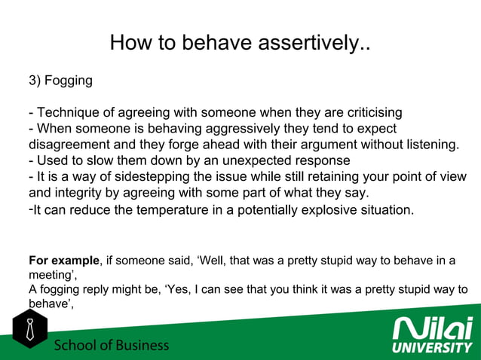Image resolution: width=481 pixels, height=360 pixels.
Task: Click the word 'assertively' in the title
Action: pos(308,43)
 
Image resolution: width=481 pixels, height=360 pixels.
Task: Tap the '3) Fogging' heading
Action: pos(60,81)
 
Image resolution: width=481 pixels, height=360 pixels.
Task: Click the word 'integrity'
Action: pos(82,193)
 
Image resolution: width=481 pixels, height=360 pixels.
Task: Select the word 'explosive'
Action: pos(332,209)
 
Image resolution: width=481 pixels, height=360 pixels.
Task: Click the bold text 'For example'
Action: pos(63,261)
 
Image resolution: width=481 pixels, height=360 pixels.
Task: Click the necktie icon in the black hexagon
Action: pos(29,330)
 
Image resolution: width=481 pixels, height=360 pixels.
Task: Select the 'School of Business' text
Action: pos(111,346)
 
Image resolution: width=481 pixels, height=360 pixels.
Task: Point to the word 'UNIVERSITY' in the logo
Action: pos(433,348)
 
